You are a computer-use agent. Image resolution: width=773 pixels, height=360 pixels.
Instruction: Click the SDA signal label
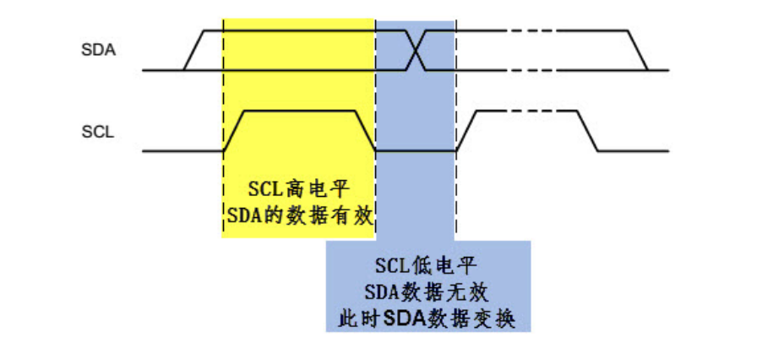tap(98, 50)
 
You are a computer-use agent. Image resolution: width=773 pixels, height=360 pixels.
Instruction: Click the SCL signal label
tap(98, 131)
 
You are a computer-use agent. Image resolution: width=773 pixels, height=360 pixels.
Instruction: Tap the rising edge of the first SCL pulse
tap(233, 131)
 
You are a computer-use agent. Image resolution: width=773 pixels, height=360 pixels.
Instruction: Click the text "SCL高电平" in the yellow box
tap(298, 187)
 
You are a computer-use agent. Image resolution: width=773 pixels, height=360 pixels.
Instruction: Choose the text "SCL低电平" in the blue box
tap(427, 266)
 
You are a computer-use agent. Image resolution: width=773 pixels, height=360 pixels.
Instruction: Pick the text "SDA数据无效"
tap(427, 292)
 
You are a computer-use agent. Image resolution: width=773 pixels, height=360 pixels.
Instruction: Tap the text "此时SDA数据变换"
tap(427, 319)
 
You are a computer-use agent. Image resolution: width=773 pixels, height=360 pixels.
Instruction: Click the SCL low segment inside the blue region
tap(416, 151)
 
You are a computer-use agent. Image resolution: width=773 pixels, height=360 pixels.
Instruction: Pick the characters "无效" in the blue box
tap(471, 292)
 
